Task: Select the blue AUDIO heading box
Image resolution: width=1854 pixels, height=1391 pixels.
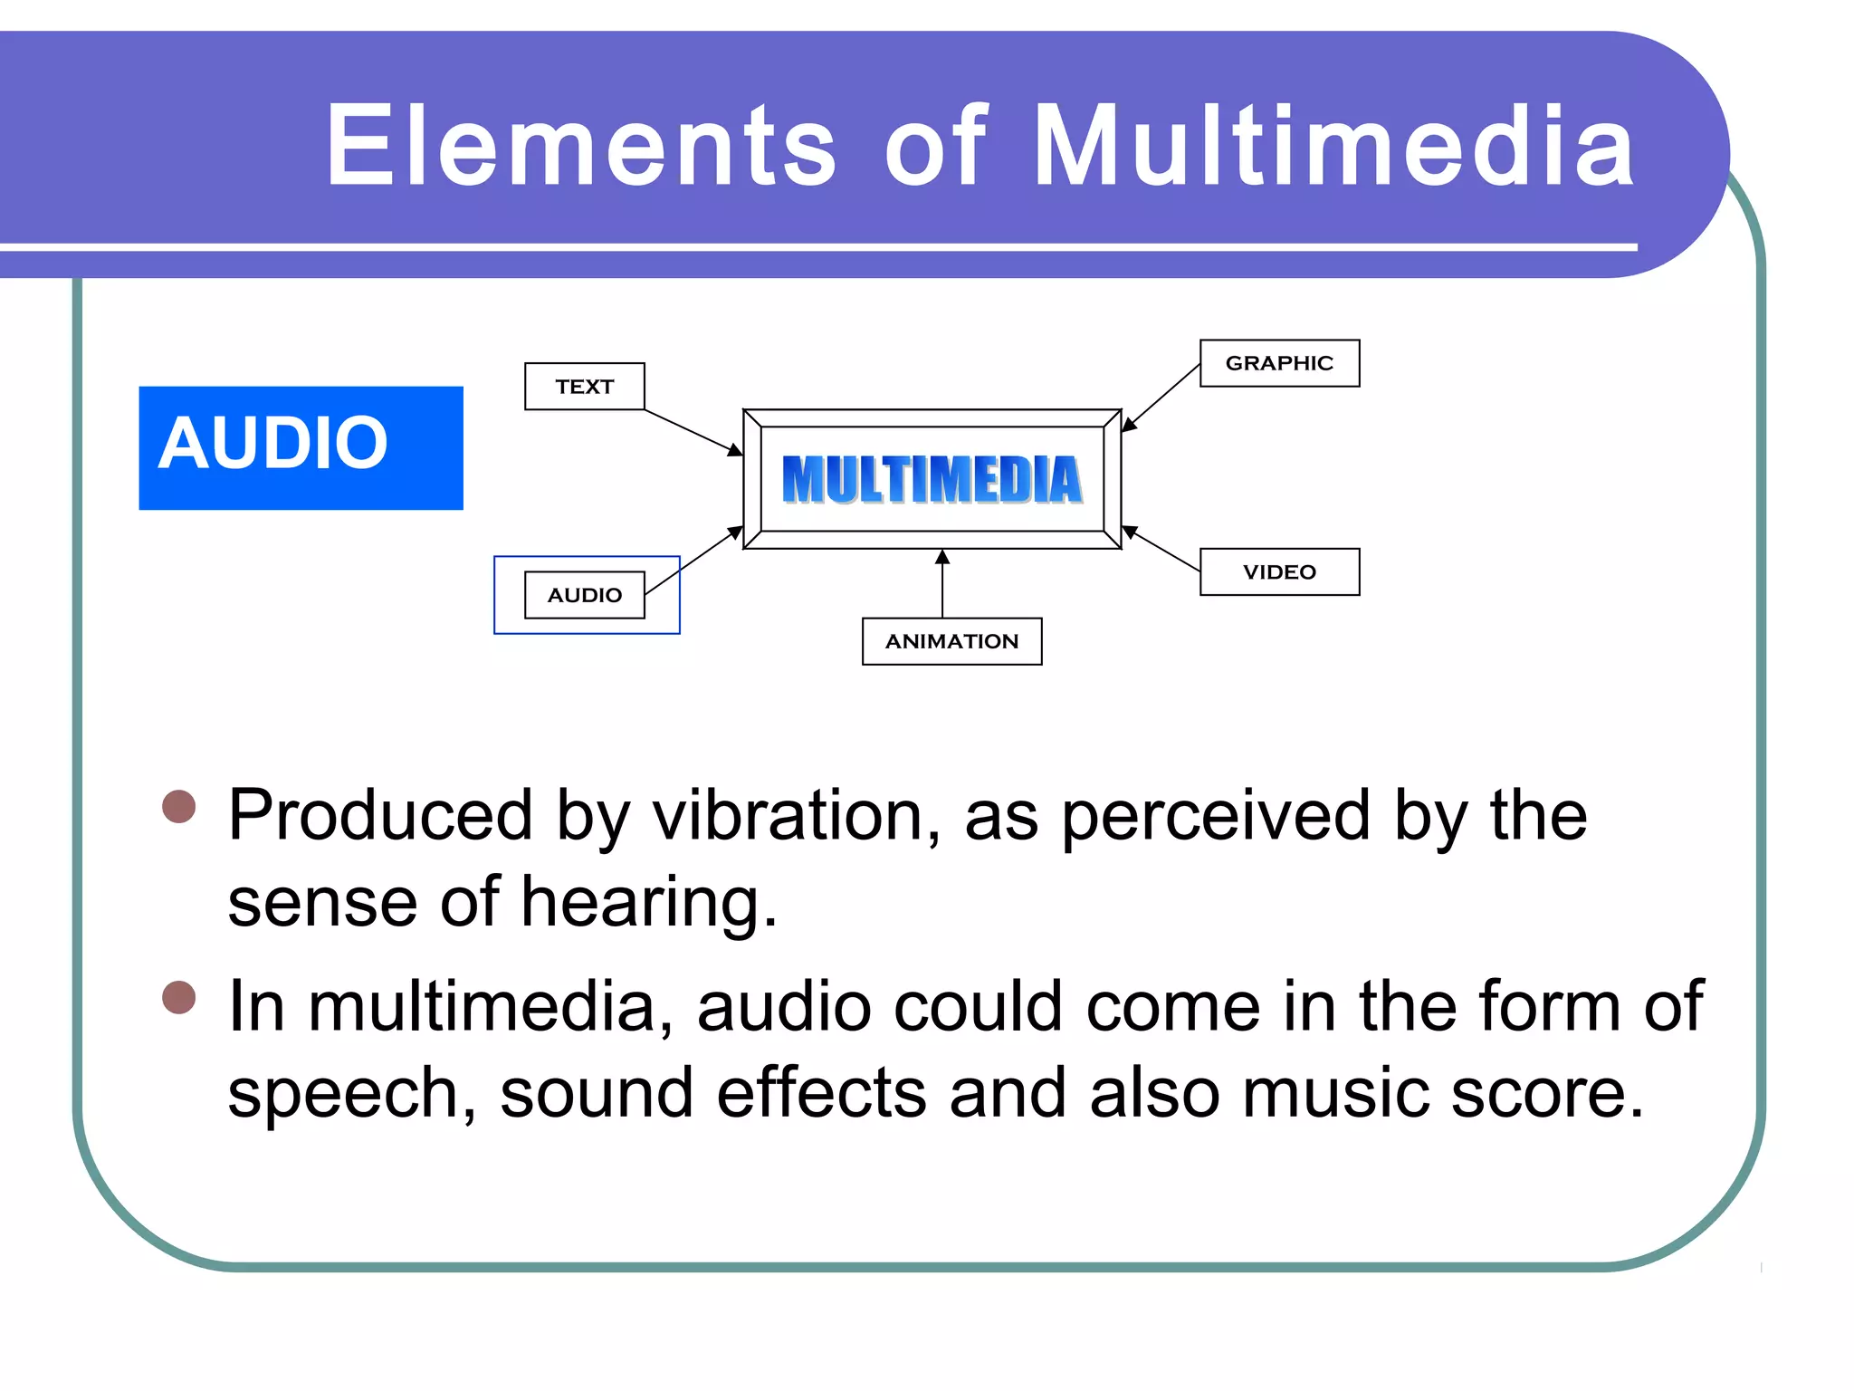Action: [301, 447]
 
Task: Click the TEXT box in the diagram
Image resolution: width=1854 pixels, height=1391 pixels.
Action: [584, 387]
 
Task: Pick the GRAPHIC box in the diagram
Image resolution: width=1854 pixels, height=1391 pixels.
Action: [1278, 363]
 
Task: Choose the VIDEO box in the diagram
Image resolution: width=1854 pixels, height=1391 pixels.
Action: [1278, 571]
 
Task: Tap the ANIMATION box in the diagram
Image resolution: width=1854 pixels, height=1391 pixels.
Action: [951, 641]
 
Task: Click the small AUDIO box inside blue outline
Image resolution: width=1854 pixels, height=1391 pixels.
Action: [584, 595]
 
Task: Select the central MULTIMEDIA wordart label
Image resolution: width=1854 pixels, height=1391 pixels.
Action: [932, 479]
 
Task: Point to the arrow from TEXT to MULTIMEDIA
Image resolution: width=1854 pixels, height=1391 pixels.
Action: [693, 431]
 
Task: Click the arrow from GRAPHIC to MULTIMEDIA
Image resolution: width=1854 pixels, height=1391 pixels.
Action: [1161, 397]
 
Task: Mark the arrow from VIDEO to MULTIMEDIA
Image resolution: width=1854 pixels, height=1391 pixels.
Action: [1162, 549]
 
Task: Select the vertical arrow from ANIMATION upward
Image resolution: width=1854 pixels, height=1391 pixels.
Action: [942, 584]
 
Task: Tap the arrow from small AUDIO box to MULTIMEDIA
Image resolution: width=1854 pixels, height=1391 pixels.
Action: [693, 561]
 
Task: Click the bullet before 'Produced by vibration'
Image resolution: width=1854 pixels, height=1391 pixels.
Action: [178, 806]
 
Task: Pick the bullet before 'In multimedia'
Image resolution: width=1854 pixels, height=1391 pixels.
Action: [178, 998]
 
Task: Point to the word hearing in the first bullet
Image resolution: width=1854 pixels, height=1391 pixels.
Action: [647, 902]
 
